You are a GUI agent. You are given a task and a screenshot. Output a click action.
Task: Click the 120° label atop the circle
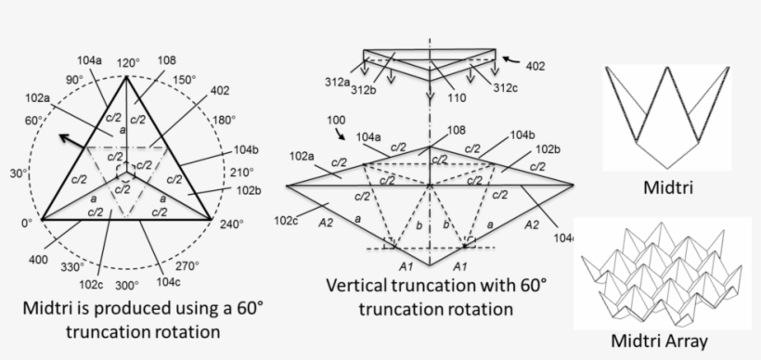126,62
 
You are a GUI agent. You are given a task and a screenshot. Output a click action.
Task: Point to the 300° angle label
126,285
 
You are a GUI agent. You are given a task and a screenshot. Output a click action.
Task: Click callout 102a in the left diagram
39,97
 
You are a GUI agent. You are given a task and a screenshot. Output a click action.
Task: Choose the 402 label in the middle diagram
535,66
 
